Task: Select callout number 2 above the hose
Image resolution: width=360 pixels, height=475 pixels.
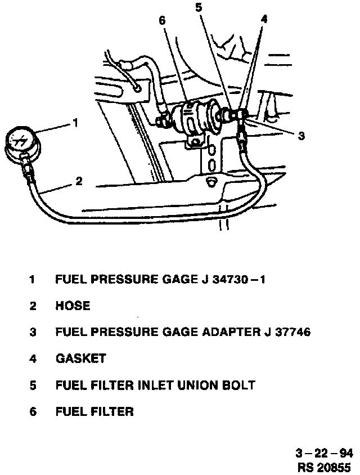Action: click(x=79, y=181)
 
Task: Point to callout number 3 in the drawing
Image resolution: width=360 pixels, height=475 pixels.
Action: click(x=301, y=136)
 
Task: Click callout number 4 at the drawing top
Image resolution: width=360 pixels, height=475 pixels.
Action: click(x=264, y=19)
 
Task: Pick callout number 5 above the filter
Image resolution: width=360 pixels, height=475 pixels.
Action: click(x=197, y=7)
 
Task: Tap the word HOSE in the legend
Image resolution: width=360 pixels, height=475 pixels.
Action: click(x=73, y=306)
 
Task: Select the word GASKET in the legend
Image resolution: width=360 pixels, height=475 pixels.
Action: click(x=80, y=359)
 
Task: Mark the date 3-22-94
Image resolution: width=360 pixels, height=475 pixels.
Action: click(x=323, y=454)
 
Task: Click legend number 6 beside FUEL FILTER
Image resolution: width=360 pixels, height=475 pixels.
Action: click(x=33, y=412)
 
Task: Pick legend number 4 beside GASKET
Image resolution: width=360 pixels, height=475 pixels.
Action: click(x=33, y=359)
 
